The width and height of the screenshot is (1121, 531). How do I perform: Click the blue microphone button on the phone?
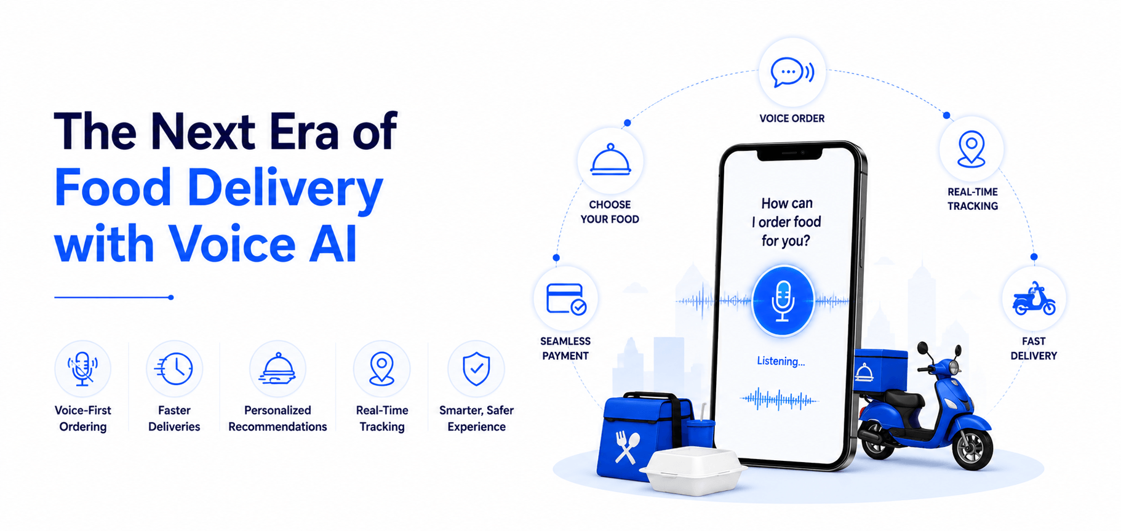pyautogui.click(x=783, y=301)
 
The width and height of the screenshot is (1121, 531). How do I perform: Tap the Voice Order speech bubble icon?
pyautogui.click(x=792, y=73)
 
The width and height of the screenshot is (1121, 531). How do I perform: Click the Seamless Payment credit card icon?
pyautogui.click(x=566, y=299)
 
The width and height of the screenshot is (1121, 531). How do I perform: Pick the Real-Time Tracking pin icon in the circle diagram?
pyautogui.click(x=971, y=149)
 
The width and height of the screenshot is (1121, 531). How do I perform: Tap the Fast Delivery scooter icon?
pyautogui.click(x=1034, y=299)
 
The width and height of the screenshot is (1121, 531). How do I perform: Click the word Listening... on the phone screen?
pyautogui.click(x=781, y=361)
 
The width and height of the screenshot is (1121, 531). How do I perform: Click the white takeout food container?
pyautogui.click(x=693, y=471)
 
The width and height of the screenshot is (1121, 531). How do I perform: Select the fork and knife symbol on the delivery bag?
pyautogui.click(x=627, y=447)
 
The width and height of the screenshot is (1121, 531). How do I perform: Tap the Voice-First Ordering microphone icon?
pyautogui.click(x=82, y=369)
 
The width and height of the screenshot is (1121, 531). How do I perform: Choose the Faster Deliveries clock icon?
pyautogui.click(x=174, y=369)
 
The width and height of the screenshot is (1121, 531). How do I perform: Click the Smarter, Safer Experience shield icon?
pyautogui.click(x=476, y=369)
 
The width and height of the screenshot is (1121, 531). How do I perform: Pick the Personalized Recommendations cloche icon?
pyautogui.click(x=278, y=369)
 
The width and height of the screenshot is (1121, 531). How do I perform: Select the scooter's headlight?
pyautogui.click(x=953, y=368)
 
